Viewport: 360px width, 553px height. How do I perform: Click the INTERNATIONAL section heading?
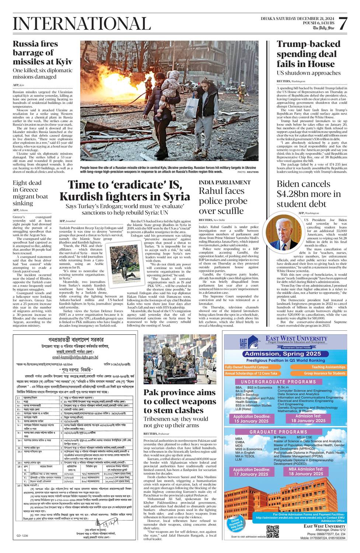(x=81, y=24)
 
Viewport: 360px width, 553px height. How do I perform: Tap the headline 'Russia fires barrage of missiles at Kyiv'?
(x=42, y=53)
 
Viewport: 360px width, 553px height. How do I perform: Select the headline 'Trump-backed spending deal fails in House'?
(x=308, y=54)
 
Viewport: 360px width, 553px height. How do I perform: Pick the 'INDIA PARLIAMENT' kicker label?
(x=224, y=182)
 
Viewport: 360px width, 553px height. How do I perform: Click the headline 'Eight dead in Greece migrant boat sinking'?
(x=30, y=193)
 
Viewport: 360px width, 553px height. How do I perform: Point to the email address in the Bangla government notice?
(x=75, y=357)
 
